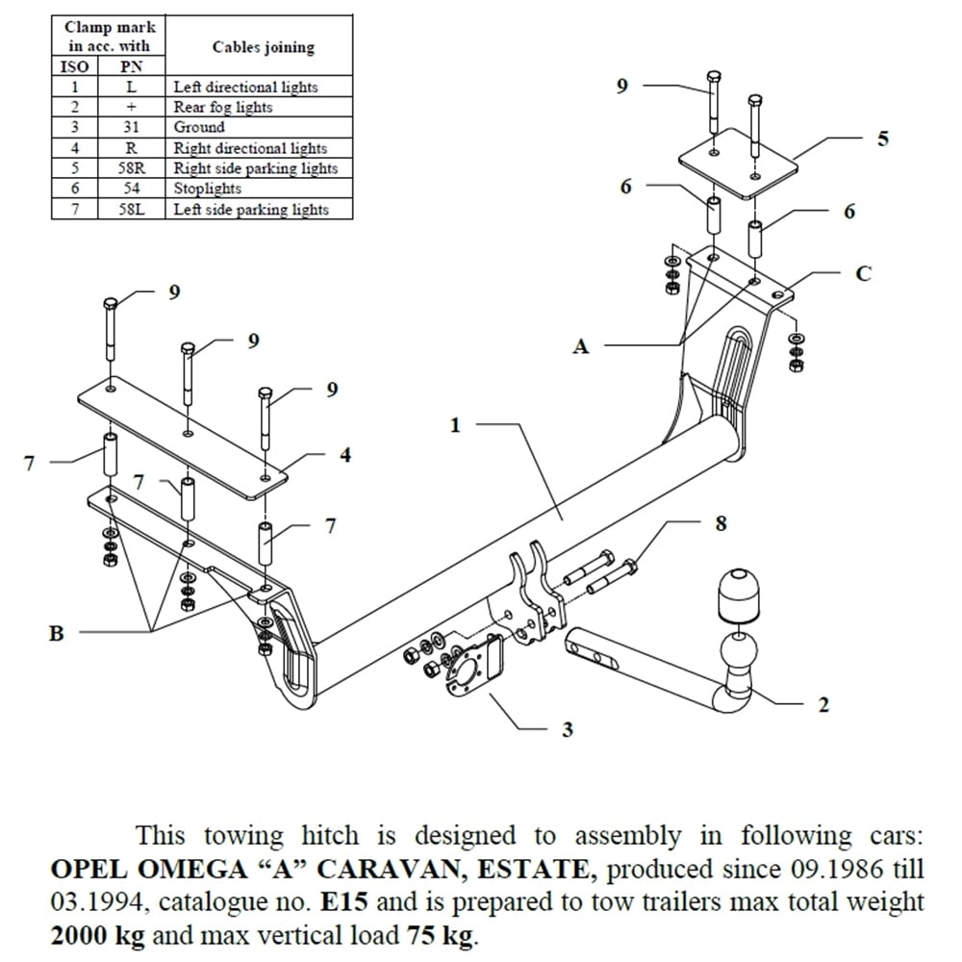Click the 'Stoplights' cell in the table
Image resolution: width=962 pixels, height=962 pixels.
coord(207,189)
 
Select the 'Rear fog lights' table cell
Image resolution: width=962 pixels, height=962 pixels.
coord(223,107)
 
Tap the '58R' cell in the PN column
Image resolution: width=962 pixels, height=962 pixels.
coord(131,168)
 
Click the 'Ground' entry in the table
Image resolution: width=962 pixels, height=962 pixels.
coord(199,127)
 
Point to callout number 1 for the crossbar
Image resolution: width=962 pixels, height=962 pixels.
coord(456,424)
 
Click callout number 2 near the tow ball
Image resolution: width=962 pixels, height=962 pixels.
coord(823,705)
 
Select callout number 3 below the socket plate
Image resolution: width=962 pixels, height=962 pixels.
coord(568,730)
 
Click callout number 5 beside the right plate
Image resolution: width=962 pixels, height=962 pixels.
coord(882,139)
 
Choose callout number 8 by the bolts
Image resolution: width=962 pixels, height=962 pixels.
coord(721,523)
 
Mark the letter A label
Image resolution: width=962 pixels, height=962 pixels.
coord(580,346)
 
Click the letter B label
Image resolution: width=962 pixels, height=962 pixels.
coord(57,633)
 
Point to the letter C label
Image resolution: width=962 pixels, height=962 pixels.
coord(863,273)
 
